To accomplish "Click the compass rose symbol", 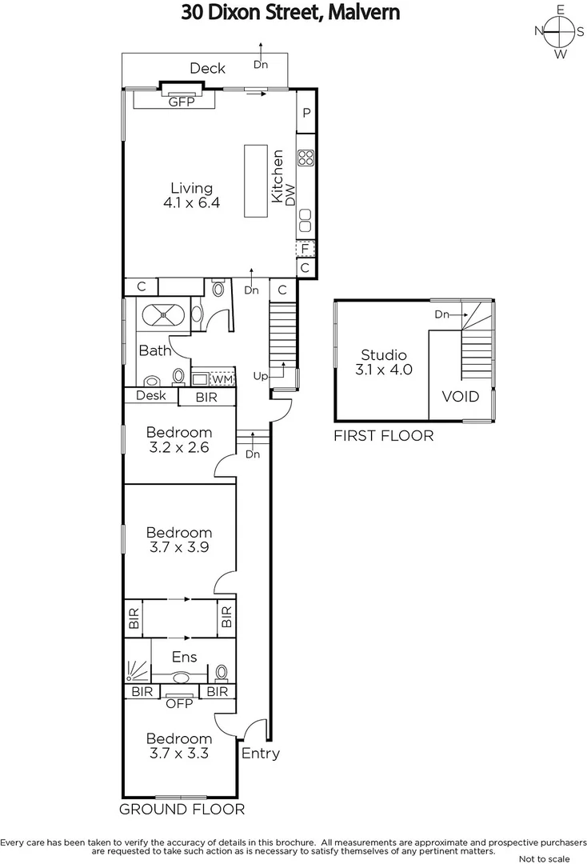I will coord(561,32).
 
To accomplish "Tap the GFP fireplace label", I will coord(181,102).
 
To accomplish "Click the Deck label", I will coord(207,69).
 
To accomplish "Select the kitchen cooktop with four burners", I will coord(306,158).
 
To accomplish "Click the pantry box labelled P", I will coord(306,114).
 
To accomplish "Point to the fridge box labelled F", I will coord(305,249).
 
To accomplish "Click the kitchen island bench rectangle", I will coord(256,181).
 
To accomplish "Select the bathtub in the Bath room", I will coord(164,314).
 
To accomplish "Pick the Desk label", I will coord(150,395).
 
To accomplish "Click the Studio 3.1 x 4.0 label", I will coord(384,362).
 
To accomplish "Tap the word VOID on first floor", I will coord(461,397).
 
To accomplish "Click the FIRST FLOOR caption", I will coord(384,436).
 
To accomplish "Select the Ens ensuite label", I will coord(186,657).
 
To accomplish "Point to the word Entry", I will coord(261,754).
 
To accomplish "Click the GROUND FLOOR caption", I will coord(182,809).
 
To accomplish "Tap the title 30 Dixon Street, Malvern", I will coord(290,13).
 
